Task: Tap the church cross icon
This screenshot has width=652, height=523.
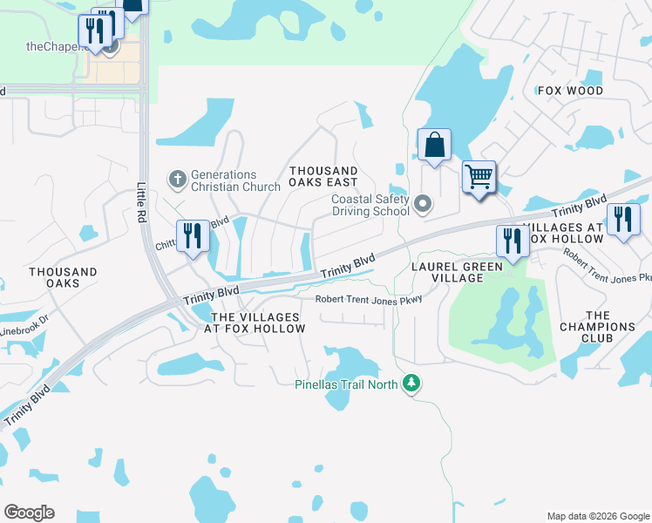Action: tap(177, 180)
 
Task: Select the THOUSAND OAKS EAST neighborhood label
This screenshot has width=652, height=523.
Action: tap(323, 177)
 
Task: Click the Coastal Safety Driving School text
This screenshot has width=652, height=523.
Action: tap(370, 205)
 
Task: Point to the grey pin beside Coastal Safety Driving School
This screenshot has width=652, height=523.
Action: tap(423, 205)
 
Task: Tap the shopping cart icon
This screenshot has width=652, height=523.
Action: tap(479, 177)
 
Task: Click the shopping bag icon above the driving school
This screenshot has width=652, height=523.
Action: tap(434, 145)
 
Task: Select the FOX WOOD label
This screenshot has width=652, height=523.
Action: tap(571, 91)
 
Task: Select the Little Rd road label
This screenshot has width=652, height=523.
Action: tap(143, 203)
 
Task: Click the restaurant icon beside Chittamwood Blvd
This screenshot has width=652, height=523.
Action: tap(193, 235)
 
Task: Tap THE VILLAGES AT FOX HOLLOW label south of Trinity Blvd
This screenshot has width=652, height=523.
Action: tap(259, 323)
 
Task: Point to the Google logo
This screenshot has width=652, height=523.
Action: tap(29, 513)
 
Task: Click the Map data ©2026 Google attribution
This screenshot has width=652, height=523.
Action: tap(597, 516)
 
